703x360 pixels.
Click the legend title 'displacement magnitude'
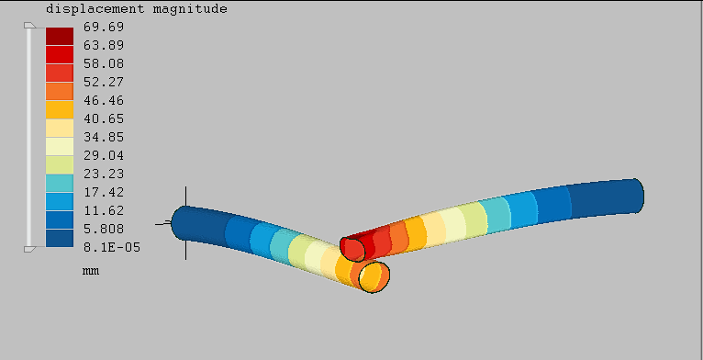pyautogui.click(x=137, y=9)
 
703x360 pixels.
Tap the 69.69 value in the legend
pyautogui.click(x=104, y=27)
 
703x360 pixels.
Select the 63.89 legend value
pyautogui.click(x=104, y=45)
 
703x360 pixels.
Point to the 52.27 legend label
pyautogui.click(x=104, y=82)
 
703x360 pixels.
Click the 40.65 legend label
pyautogui.click(x=104, y=119)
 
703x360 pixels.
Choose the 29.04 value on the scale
pyautogui.click(x=104, y=156)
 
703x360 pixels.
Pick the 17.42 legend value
pyautogui.click(x=104, y=192)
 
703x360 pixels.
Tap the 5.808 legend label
pyautogui.click(x=104, y=229)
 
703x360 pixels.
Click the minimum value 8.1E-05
pyautogui.click(x=112, y=247)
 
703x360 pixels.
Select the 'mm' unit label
pyautogui.click(x=91, y=271)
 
